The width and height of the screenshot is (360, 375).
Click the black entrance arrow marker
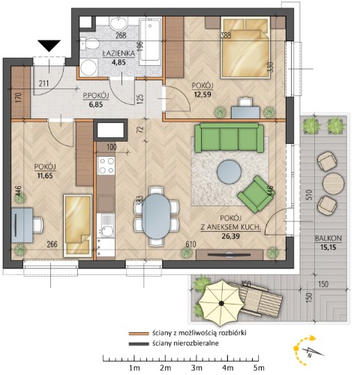49,45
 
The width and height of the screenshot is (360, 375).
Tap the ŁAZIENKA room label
118,53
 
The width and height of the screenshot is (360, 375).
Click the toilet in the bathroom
88,44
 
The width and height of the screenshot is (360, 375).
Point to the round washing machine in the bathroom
88,67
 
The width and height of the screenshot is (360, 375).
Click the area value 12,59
202,94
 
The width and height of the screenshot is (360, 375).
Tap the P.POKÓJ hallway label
96,95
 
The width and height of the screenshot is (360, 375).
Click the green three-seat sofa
229,138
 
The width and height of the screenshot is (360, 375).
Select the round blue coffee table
229,172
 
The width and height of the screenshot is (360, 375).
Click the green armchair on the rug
256,194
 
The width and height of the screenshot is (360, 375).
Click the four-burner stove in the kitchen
106,166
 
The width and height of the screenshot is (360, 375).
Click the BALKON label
328,238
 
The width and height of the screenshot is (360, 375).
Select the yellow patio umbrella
221,303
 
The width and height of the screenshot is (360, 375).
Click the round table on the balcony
333,184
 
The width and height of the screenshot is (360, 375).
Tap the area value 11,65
45,175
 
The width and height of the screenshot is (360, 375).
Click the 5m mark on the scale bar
259,367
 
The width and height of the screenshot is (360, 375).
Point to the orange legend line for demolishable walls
139,334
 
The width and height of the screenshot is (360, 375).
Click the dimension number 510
309,196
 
